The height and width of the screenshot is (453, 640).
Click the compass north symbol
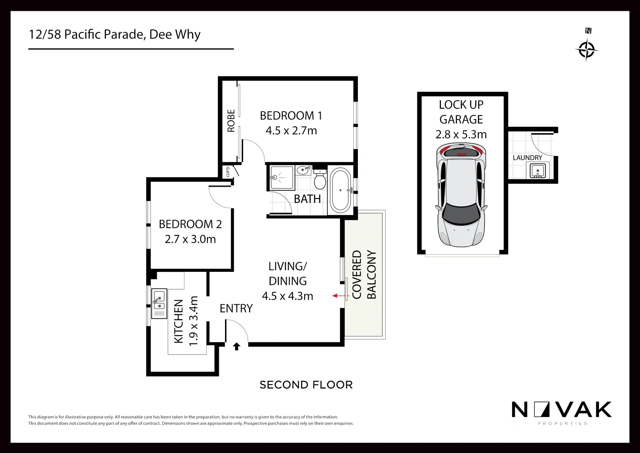coord(586,49)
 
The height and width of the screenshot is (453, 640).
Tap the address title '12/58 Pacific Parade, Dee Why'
coord(114,34)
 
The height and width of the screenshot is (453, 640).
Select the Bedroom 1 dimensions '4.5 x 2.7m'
coord(291,131)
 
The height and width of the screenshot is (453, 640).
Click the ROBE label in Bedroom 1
coord(231,121)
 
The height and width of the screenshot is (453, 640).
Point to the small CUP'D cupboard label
coord(228,172)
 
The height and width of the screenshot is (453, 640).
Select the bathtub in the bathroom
coord(340,190)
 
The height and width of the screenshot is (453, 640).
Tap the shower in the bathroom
coord(281,178)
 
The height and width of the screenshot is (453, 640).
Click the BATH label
coord(307,199)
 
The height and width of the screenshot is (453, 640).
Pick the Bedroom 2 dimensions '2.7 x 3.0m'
coord(190,239)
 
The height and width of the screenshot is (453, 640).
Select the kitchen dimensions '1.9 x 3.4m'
coord(193,321)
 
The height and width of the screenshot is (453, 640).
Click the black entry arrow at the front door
coord(236,346)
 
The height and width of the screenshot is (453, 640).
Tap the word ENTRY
coord(236,308)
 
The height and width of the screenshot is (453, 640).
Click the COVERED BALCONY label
coord(364,275)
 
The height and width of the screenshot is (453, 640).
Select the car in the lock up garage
coord(461,195)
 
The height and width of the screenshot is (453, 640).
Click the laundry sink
coord(537,170)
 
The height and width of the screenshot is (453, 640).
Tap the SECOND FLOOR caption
coord(306,385)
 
